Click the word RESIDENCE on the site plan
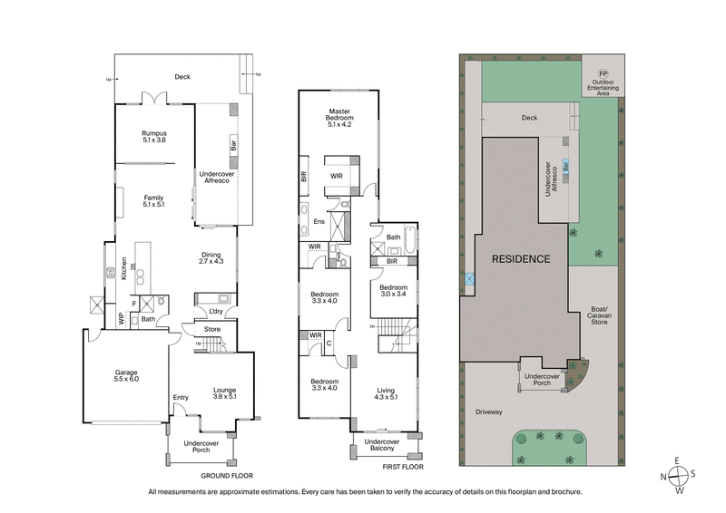(521, 258)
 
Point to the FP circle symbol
(602, 73)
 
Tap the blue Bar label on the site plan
(567, 167)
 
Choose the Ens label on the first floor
(319, 221)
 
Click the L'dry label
(215, 314)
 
